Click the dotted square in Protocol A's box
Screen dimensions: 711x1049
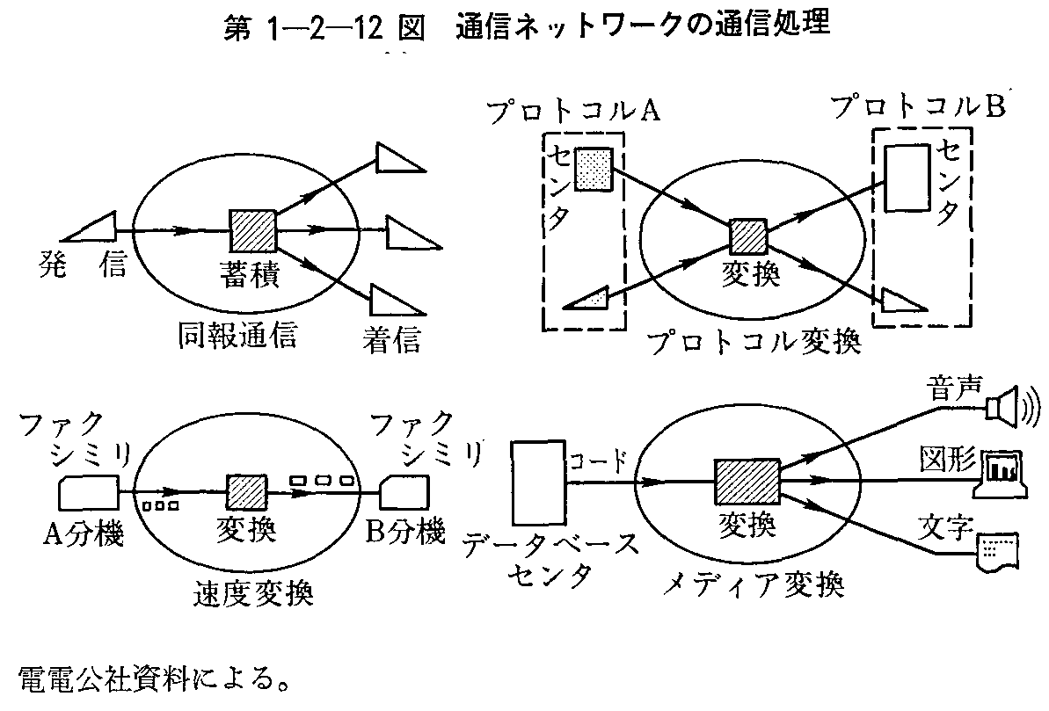pyautogui.click(x=591, y=169)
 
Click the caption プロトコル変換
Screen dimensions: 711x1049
pyautogui.click(x=752, y=341)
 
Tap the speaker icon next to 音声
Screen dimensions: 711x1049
pyautogui.click(x=1005, y=406)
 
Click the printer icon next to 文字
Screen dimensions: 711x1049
pyautogui.click(x=997, y=548)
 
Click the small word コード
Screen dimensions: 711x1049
pyautogui.click(x=599, y=460)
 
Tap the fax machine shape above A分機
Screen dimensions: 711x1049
pyautogui.click(x=89, y=493)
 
